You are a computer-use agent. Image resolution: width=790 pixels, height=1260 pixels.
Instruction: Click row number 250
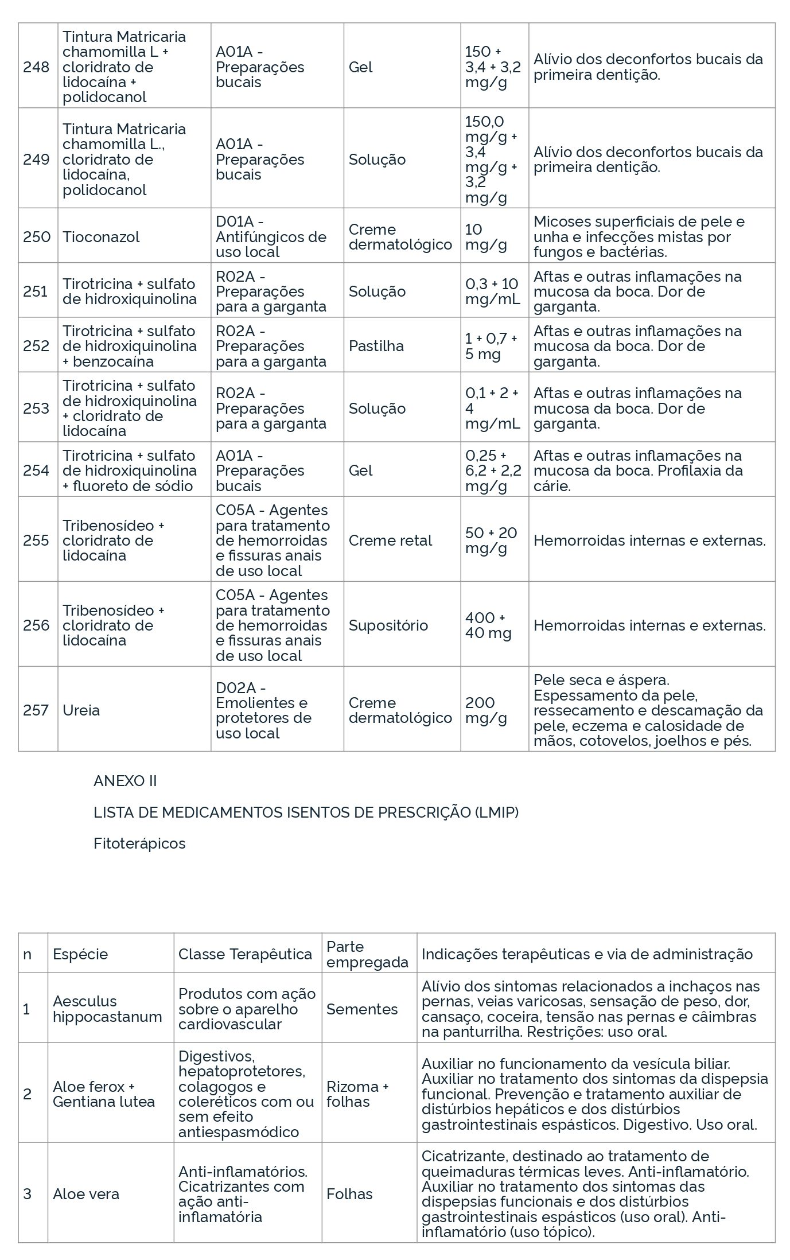[36, 236]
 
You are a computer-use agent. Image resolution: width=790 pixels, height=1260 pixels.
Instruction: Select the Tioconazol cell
[101, 236]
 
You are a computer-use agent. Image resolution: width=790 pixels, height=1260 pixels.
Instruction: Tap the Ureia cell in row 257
[81, 710]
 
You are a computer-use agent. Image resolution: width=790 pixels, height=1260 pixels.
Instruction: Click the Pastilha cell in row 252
[376, 345]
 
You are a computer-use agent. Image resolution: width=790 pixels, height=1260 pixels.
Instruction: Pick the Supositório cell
[388, 625]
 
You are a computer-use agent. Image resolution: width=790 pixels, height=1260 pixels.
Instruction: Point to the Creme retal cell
[390, 540]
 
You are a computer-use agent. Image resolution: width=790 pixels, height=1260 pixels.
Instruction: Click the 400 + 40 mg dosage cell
[488, 625]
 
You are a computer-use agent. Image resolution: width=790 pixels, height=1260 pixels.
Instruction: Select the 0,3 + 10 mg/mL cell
[492, 291]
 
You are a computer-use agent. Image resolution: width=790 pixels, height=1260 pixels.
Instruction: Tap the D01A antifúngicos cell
[271, 236]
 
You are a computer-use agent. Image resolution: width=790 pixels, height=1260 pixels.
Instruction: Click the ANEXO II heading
[125, 781]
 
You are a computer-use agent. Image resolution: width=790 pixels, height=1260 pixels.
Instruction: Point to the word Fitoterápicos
[139, 843]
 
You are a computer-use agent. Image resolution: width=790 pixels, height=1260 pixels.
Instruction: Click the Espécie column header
[80, 954]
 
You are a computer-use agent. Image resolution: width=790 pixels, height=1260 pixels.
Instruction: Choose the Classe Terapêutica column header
[246, 954]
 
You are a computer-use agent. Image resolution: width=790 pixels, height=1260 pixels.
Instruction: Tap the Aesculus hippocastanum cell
[107, 1009]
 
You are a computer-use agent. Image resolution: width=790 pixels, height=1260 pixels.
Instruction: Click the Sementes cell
[362, 1009]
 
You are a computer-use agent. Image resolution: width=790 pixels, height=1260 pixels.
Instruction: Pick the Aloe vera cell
[86, 1194]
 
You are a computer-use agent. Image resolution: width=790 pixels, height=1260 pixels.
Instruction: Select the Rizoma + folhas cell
[357, 1094]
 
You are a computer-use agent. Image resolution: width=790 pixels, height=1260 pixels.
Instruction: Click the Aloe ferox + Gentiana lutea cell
[104, 1094]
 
